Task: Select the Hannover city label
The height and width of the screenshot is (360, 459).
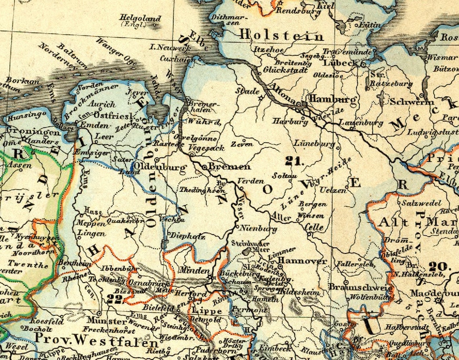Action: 302,261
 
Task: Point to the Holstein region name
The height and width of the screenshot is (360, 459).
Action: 281,36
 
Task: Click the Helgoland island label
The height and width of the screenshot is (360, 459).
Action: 141,19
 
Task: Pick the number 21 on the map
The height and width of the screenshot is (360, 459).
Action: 294,161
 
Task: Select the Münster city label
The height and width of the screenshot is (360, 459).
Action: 107,321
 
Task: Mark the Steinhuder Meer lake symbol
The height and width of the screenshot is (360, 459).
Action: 245,251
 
